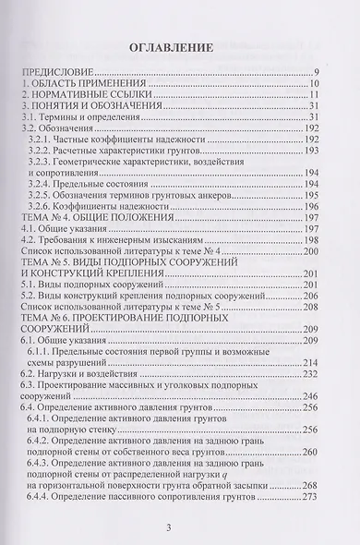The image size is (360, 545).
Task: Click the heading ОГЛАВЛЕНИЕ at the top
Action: [x=179, y=46]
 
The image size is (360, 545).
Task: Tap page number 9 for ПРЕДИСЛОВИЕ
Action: [x=316, y=71]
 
